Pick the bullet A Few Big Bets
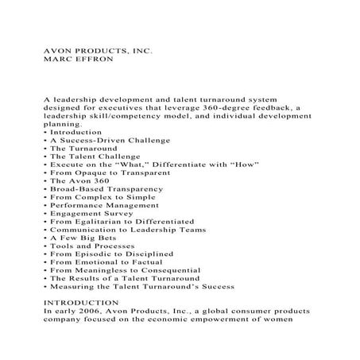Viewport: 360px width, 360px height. point(79,238)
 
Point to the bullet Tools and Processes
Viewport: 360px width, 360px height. point(88,246)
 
